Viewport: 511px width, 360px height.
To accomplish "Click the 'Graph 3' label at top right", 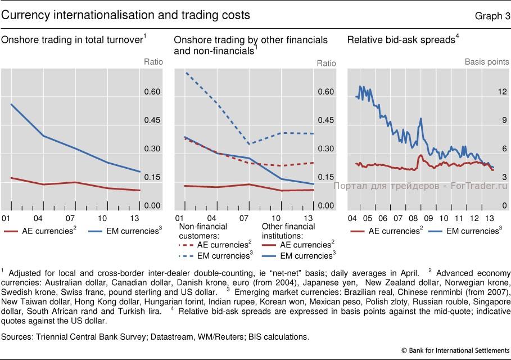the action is [492, 16].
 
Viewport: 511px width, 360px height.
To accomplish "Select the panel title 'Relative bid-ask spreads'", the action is [401, 40].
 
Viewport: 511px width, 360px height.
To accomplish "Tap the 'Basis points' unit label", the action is [487, 62].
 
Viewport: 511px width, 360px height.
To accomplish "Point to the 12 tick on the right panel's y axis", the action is [502, 92].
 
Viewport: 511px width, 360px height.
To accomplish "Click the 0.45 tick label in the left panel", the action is [152, 120].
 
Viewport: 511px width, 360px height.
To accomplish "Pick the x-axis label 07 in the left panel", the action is [70, 218].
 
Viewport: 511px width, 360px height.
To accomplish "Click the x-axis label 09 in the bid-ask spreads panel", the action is [428, 218].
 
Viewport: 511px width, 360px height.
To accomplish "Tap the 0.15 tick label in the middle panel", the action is [326, 177].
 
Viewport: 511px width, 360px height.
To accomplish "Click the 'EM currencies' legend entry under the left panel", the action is [125, 231].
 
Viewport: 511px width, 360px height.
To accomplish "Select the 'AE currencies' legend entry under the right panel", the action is [387, 231].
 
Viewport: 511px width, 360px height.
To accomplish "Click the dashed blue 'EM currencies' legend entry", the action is [216, 255].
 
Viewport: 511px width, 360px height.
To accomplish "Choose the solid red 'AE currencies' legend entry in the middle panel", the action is [298, 245].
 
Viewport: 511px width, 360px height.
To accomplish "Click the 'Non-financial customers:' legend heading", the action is [203, 231].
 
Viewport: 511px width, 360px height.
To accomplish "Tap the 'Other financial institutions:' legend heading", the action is [288, 231].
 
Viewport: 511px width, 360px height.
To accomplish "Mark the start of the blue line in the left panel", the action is [11, 105].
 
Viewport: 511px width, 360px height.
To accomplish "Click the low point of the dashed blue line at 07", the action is [249, 144].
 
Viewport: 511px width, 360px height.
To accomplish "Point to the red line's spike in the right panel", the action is [420, 156].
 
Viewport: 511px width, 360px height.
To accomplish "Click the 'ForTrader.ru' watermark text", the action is [479, 186].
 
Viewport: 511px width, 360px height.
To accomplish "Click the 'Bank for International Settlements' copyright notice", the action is [455, 350].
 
